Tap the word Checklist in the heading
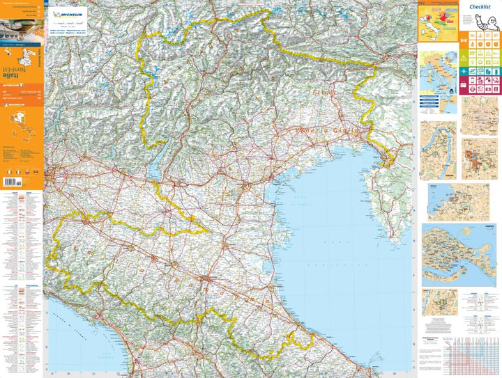click(x=480, y=8)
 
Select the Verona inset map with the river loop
click(x=438, y=150)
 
